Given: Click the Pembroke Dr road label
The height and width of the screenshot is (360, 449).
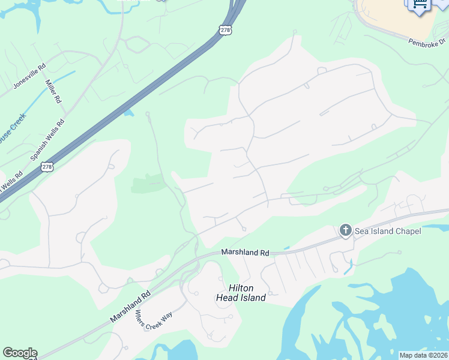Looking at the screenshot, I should [428, 43].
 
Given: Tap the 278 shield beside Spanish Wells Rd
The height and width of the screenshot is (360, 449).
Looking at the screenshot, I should [47, 166].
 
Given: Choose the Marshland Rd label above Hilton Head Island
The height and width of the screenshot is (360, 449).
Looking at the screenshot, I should [245, 253].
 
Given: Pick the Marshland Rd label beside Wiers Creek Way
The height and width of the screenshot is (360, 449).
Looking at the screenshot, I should [130, 307].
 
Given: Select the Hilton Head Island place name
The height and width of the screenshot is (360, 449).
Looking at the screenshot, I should [241, 293].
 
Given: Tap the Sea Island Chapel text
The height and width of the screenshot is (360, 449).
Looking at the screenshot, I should [387, 231].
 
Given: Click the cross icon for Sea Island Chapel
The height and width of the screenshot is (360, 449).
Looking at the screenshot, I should [346, 230].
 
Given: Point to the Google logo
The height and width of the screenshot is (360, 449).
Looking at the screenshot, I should [20, 353].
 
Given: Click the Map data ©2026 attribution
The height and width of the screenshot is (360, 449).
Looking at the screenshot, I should [424, 355].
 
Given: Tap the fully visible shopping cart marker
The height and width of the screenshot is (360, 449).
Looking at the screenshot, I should [419, 5].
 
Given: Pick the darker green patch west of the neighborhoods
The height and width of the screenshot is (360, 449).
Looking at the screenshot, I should [148, 183].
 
